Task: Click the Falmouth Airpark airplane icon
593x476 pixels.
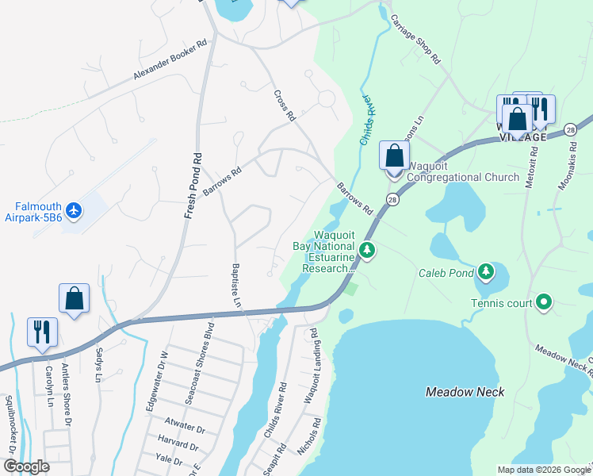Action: [x=75, y=210]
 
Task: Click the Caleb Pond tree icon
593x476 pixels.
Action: [x=485, y=273]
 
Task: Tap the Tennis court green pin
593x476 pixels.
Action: [x=544, y=301]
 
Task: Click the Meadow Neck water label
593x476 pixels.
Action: [x=465, y=392]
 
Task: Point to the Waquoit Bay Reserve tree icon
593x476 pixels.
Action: [x=366, y=251]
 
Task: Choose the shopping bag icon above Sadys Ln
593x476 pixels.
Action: [x=74, y=298]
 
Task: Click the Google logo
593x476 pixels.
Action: [x=25, y=466]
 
